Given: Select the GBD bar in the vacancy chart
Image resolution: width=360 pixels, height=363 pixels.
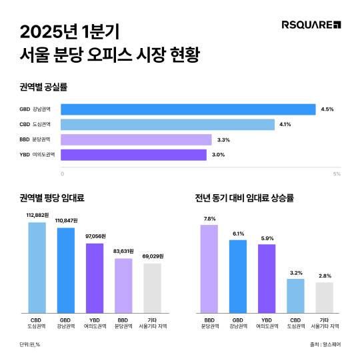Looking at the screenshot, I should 188,109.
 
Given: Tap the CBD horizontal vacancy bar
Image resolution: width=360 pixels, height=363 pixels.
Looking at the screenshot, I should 167,124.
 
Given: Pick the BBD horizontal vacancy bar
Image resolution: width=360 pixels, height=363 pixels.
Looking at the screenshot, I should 136,139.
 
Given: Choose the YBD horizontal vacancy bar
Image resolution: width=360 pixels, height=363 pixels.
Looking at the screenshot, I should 133,155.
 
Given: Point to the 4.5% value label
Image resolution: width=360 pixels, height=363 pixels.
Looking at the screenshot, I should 327,109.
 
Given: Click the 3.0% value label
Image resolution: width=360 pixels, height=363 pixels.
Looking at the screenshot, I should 218,155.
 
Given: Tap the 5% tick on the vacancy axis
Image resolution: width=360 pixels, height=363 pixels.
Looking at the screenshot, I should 337,174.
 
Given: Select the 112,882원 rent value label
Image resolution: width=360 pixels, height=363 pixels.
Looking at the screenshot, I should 38,216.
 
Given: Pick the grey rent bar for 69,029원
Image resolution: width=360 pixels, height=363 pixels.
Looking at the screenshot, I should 152,288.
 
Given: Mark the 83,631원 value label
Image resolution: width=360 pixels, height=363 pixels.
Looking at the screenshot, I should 124,252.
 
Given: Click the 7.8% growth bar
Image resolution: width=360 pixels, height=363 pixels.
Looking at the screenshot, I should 209,269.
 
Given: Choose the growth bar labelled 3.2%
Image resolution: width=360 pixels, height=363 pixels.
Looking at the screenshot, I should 295,296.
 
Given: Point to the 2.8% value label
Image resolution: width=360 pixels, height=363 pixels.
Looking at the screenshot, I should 324,276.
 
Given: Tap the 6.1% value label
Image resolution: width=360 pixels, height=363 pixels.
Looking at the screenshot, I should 238,234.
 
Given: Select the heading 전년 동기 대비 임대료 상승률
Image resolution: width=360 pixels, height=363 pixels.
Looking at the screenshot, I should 245,198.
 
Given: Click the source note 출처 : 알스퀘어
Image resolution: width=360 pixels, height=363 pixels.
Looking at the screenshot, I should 325,344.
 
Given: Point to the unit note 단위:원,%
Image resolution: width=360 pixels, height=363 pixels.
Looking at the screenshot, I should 33,344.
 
